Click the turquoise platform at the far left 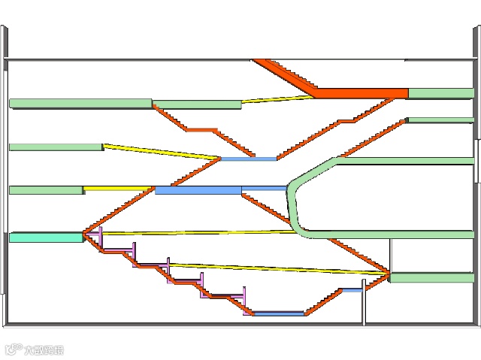click(x=45, y=237)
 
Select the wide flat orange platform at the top click(x=361, y=93)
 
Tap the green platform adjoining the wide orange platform click(x=440, y=93)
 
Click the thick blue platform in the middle click(x=198, y=190)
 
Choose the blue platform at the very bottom click(x=278, y=313)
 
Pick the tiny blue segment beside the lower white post click(x=352, y=290)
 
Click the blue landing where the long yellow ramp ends click(x=249, y=159)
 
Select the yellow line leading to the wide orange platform click(x=274, y=99)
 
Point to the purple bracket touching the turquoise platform click(x=94, y=237)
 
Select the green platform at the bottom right click(x=431, y=277)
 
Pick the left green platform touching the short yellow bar click(x=45, y=190)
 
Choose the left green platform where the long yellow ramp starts click(x=55, y=147)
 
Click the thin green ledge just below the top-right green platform click(x=440, y=119)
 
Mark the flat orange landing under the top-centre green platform click(x=201, y=130)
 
